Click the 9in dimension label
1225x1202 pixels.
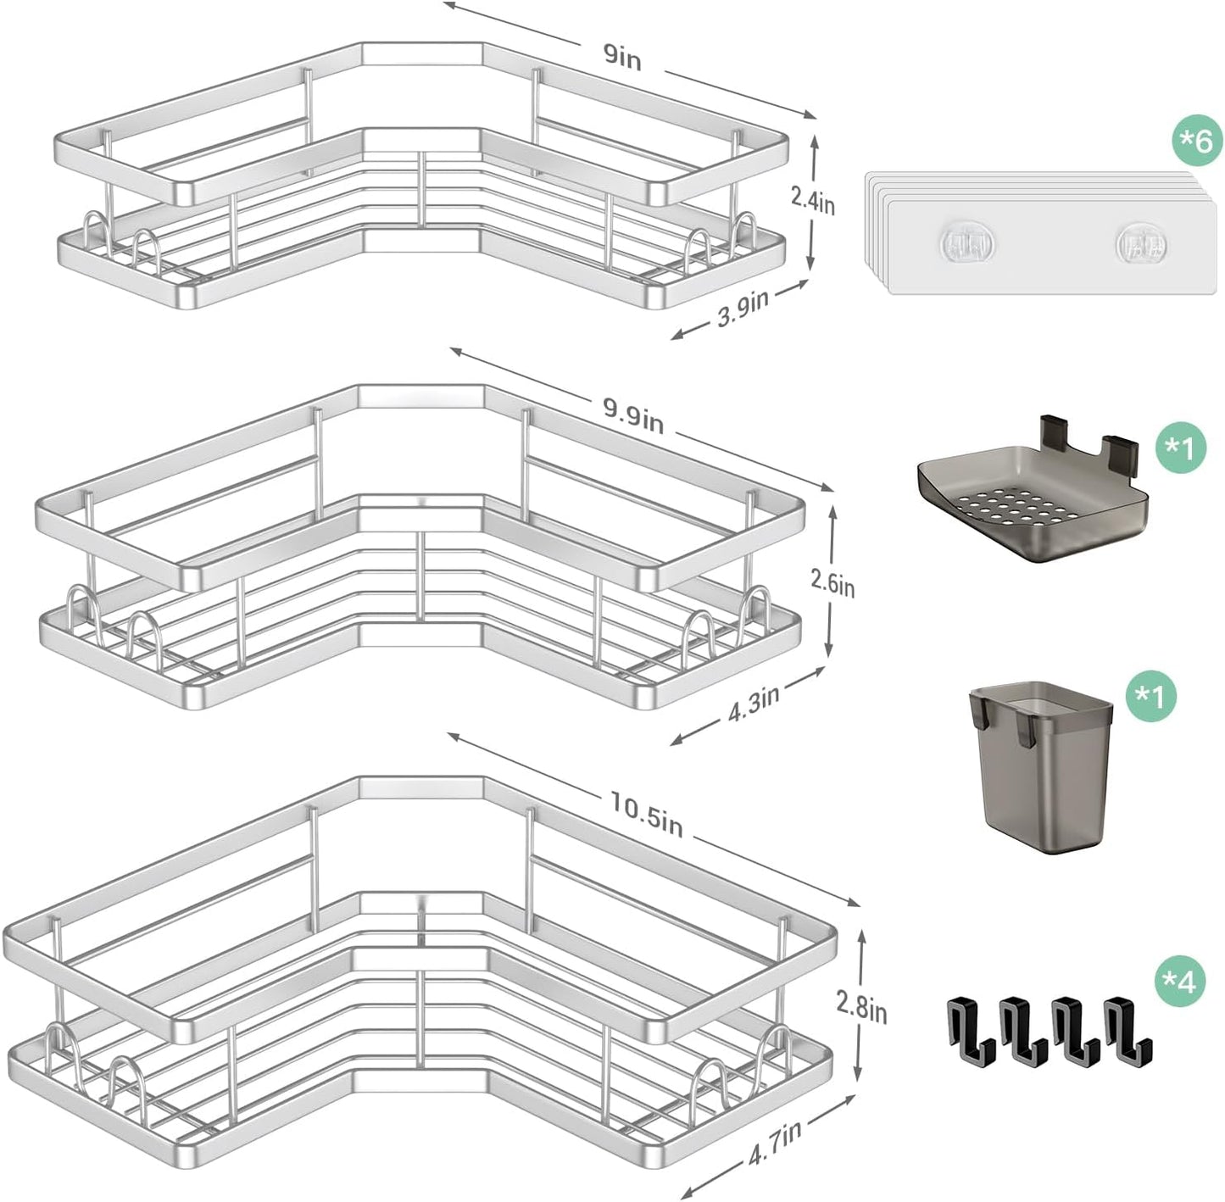coord(623,60)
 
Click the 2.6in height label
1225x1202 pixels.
coord(832,583)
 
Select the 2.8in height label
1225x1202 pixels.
coord(860,1009)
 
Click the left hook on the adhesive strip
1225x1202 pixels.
coord(962,243)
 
